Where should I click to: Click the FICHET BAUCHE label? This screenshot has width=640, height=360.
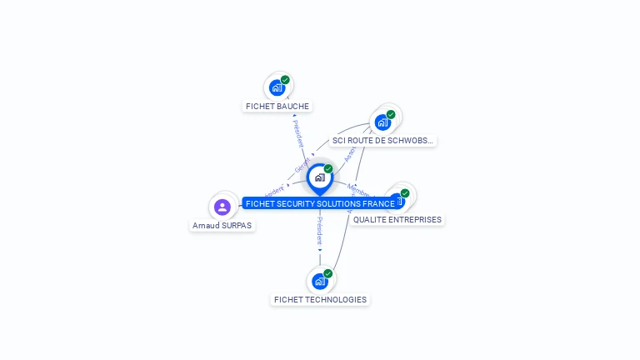277,106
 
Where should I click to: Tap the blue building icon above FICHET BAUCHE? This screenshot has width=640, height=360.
277,87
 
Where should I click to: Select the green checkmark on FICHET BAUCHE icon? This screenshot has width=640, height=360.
285,80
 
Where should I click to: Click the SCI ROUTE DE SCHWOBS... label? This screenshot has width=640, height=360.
382,141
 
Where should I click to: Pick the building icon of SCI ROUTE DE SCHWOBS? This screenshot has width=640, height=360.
382,122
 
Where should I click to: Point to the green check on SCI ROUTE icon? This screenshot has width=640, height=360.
391,115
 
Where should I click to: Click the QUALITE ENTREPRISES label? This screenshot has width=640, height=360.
397,219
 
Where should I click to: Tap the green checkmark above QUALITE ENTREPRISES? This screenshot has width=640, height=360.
405,193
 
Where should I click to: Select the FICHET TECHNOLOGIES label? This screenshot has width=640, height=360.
320,299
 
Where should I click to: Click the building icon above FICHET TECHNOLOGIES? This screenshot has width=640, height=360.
319,281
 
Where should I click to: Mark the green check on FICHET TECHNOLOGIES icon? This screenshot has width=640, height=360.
327,273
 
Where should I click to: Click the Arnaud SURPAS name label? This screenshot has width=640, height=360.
222,225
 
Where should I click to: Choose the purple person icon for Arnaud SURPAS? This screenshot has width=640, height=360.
222,207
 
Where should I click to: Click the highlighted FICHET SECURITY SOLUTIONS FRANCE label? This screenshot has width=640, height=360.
320,203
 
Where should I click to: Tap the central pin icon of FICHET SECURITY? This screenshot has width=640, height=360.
319,177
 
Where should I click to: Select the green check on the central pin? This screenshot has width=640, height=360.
328,168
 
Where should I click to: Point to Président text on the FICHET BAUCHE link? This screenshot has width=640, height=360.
298,133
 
